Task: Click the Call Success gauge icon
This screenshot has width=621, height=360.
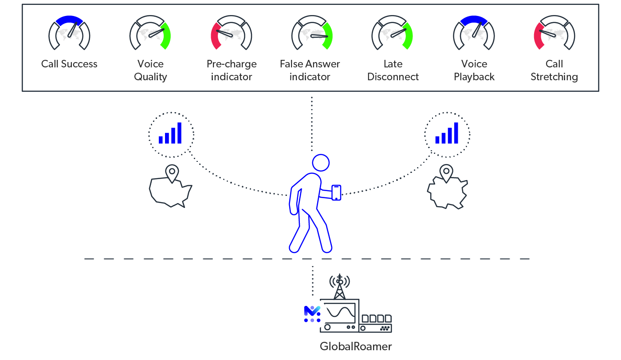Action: click(69, 34)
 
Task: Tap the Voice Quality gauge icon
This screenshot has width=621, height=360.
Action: click(150, 34)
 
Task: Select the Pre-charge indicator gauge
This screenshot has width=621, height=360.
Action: click(231, 34)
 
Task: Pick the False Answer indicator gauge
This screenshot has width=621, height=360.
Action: click(312, 34)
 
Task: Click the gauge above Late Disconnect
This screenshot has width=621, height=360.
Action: click(392, 34)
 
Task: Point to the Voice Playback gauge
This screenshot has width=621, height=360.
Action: click(474, 34)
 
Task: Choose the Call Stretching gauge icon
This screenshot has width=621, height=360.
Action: click(554, 34)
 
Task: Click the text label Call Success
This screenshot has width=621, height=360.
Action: click(69, 64)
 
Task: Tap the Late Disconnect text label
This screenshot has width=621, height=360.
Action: click(393, 70)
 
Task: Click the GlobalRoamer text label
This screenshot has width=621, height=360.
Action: click(356, 346)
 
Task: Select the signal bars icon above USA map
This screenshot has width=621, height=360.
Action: click(171, 133)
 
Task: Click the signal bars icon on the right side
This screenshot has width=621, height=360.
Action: click(447, 133)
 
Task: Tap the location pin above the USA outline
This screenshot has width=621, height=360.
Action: click(171, 173)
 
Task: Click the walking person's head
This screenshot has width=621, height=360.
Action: click(321, 163)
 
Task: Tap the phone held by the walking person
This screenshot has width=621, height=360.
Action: click(337, 192)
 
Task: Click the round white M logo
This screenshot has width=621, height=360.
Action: click(312, 314)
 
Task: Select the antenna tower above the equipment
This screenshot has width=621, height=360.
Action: click(340, 286)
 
